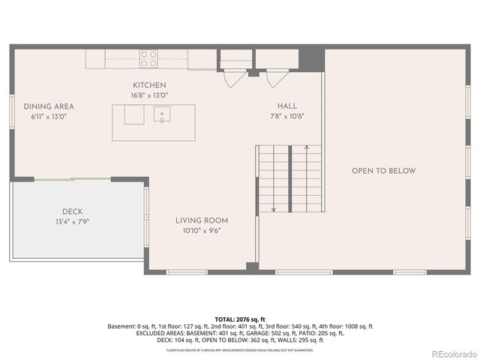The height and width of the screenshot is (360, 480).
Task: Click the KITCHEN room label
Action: (149, 85)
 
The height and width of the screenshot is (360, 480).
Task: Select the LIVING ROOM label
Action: (202, 220)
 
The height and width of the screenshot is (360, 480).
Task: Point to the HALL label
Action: (287, 106)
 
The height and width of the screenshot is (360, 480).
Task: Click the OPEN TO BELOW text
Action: (383, 171)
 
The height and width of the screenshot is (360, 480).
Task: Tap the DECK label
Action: (72, 211)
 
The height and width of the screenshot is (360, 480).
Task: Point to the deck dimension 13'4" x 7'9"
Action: (73, 221)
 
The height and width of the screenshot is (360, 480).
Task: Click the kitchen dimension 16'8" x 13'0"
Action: (149, 95)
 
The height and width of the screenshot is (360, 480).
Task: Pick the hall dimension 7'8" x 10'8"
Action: (287, 116)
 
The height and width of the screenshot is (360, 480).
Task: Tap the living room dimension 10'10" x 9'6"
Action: (202, 230)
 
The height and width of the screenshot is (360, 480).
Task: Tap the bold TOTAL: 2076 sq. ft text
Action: (240, 319)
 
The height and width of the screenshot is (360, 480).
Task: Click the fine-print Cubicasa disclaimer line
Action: (240, 349)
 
